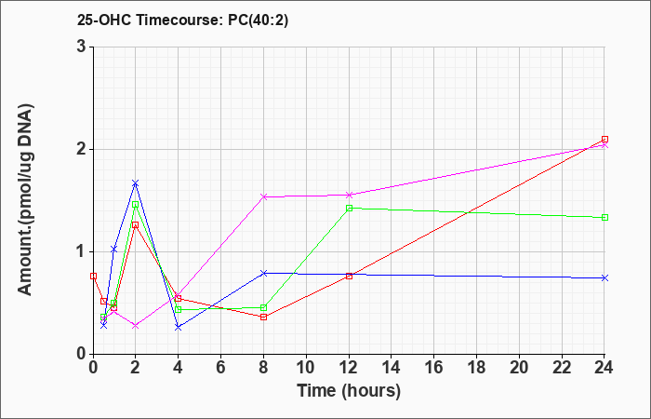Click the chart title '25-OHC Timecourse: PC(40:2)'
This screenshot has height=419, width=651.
[182, 20]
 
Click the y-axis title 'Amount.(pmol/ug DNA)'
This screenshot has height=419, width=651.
[25, 200]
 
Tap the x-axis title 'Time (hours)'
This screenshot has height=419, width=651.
[349, 391]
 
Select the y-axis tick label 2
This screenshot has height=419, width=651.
[81, 150]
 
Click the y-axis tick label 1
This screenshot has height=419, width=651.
[81, 252]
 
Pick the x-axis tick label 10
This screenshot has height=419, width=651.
[306, 368]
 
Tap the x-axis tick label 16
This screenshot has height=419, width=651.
[434, 368]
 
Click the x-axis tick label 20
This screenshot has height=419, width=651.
[519, 368]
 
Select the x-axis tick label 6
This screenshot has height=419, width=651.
[221, 368]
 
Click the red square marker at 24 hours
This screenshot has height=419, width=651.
[604, 140]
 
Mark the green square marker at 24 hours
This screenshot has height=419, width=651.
[604, 217]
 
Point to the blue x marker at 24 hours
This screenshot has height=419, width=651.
[604, 277]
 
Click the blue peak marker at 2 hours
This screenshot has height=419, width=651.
[136, 183]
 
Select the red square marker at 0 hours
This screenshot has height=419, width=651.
[93, 276]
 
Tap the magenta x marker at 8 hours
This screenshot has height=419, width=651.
[263, 196]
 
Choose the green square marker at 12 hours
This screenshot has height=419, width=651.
[349, 208]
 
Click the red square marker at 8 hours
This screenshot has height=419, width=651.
[263, 317]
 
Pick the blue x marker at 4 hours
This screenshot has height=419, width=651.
[179, 328]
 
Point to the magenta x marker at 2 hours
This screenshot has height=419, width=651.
[136, 326]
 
